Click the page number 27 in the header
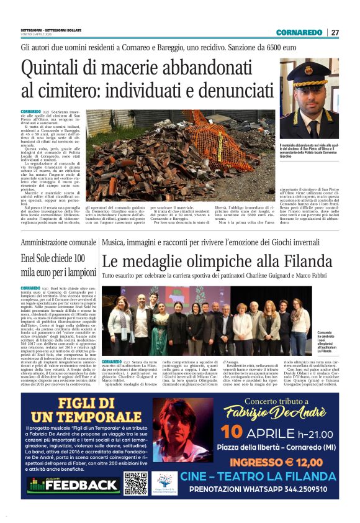pos(335,32)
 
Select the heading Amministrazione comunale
pos(59,242)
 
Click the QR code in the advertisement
pos(135,483)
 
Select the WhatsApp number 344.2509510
pos(319,489)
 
